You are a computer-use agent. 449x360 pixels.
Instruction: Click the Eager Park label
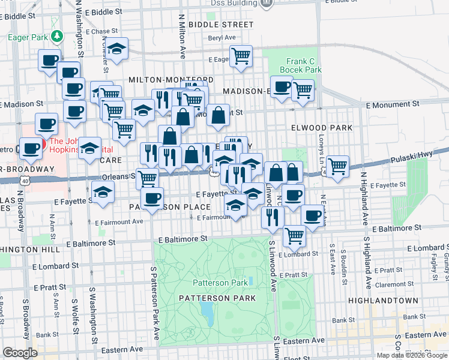27,37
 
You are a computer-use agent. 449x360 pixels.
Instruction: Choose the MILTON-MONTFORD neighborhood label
171,79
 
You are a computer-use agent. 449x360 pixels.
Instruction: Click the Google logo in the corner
20,353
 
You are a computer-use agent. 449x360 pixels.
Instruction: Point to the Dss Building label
234,3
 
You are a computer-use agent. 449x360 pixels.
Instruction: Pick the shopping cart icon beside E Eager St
241,56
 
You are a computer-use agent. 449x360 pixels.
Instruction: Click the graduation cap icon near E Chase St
118,48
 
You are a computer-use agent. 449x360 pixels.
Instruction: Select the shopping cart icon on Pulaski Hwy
338,166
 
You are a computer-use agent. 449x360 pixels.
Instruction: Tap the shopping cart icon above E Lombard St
294,235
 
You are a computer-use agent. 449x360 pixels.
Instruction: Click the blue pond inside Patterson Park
207,311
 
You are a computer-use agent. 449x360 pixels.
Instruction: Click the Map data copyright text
412,355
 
